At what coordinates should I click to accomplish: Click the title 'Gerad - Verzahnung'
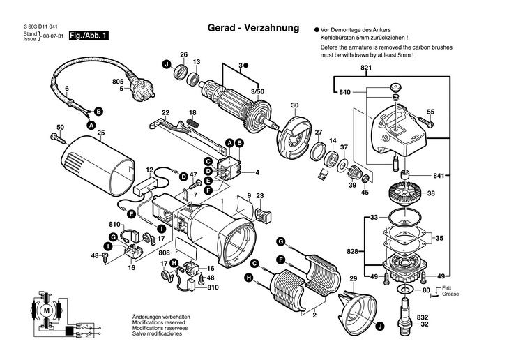(254, 29)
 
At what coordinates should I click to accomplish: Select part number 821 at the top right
(367, 68)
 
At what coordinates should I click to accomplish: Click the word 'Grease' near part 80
(451, 295)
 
